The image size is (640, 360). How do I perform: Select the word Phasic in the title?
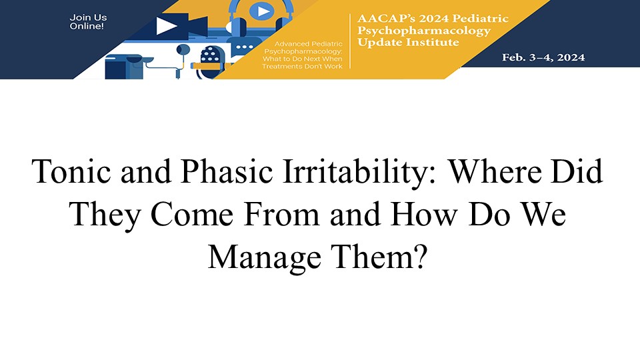click(x=227, y=172)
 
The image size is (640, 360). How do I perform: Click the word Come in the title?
click(x=192, y=214)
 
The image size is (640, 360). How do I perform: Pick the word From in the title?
click(x=281, y=214)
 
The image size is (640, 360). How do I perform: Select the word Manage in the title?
click(x=265, y=258)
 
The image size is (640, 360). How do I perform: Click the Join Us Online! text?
click(x=88, y=21)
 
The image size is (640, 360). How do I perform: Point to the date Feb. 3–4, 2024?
click(x=543, y=57)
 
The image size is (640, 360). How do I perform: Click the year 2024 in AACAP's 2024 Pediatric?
click(x=429, y=19)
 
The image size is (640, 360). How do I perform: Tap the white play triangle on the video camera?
click(x=166, y=26)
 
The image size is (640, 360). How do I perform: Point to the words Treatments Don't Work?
click(x=302, y=66)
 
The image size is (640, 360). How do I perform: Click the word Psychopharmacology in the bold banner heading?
click(x=424, y=31)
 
